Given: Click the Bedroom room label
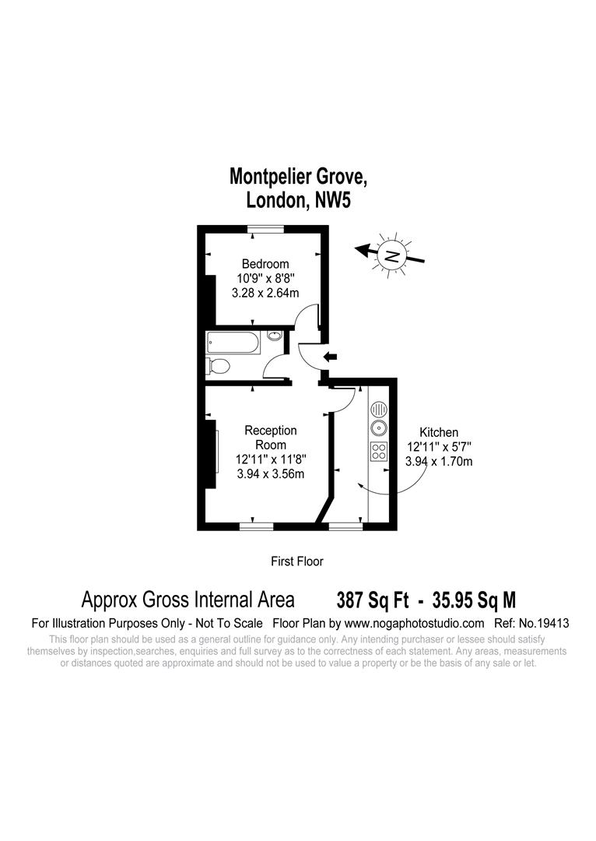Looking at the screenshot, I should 265,264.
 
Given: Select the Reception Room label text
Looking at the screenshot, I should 271,437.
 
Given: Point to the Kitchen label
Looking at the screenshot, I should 439,432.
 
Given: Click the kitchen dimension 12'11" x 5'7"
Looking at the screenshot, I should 439,447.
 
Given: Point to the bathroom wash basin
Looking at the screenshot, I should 275,336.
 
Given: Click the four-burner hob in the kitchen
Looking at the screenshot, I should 379,452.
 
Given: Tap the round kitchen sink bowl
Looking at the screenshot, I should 378,428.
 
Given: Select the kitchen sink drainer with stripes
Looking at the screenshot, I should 378,408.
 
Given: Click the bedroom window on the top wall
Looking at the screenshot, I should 265,228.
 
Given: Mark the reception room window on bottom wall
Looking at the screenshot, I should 256,527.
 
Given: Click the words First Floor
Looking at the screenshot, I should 296,561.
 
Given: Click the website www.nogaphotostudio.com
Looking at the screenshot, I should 414,624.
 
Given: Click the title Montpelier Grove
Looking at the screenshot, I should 298,177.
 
